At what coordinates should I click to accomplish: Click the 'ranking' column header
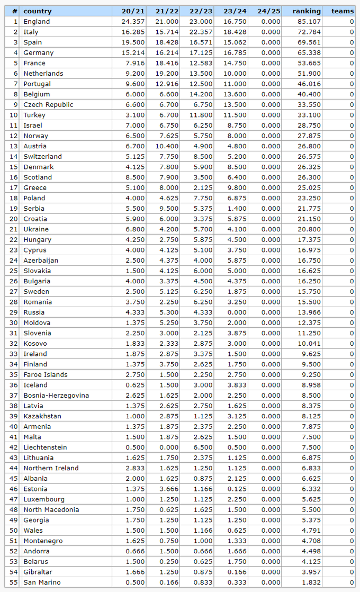pyautogui.click(x=307, y=11)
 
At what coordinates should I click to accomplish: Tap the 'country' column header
pyautogui.click(x=38, y=11)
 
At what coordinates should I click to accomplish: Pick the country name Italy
pyautogui.click(x=31, y=32)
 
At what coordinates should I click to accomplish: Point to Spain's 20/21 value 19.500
pyautogui.click(x=133, y=42)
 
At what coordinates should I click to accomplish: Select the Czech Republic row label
pyautogui.click(x=48, y=105)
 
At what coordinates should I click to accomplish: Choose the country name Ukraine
pyautogui.click(x=35, y=229)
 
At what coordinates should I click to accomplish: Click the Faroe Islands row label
pyautogui.click(x=46, y=374)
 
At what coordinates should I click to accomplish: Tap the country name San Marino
pyautogui.click(x=42, y=582)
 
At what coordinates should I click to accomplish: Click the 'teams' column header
pyautogui.click(x=343, y=11)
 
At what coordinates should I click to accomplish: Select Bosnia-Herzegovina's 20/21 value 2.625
pyautogui.click(x=133, y=395)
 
